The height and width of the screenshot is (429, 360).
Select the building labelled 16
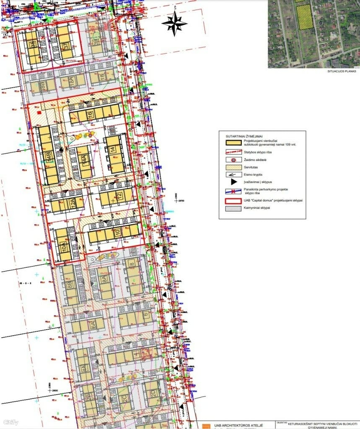click(x=89, y=114)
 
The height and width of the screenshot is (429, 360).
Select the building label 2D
click(x=153, y=393)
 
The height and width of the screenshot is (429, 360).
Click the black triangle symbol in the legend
click(x=233, y=182)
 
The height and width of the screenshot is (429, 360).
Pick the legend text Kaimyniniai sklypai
click(x=256, y=208)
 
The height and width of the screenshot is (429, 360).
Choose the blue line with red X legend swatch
click(x=233, y=191)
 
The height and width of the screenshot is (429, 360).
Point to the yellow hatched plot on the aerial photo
click(x=304, y=17)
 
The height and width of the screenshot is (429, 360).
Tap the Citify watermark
click(x=10, y=422)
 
